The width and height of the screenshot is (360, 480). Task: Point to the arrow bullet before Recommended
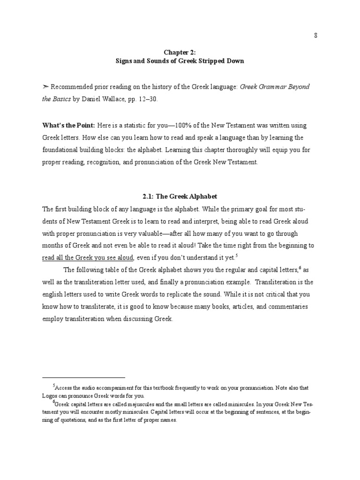pos(45,87)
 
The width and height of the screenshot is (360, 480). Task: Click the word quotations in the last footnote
pos(86,420)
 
